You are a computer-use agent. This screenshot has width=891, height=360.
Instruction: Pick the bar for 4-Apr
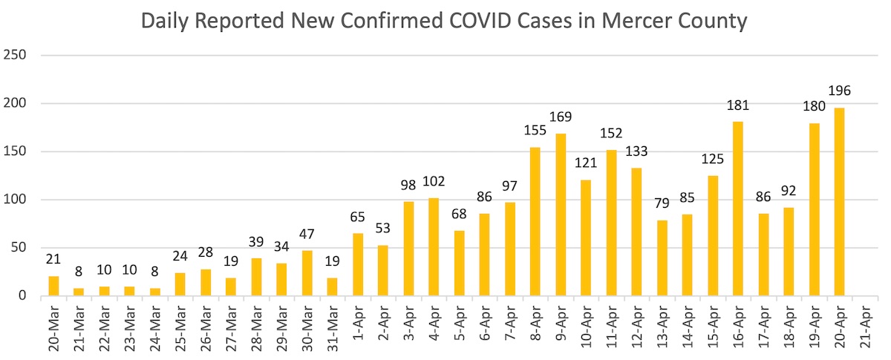click(434, 247)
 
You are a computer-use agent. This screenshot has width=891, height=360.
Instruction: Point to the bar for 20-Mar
click(53, 287)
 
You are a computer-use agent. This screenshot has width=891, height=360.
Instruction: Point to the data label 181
click(737, 106)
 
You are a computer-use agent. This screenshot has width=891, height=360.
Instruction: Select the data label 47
click(307, 235)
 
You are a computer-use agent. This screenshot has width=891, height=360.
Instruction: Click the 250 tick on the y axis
click(16, 56)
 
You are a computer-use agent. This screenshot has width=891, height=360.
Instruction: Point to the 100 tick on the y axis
click(16, 200)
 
